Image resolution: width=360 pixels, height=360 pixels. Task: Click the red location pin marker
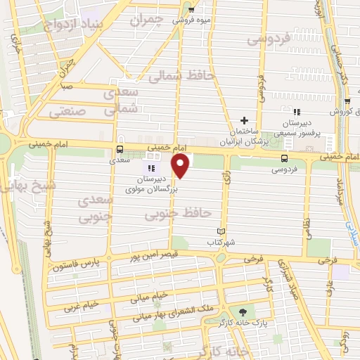pyautogui.click(x=181, y=167)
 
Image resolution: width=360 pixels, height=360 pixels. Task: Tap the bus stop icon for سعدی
pyautogui.click(x=120, y=149)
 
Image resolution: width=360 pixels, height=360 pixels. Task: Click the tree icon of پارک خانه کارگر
pyautogui.click(x=243, y=311)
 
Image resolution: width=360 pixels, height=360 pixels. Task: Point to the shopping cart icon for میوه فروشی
pyautogui.click(x=191, y=10)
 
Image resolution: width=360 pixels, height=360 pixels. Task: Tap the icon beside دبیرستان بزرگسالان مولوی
pyautogui.click(x=150, y=168)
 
